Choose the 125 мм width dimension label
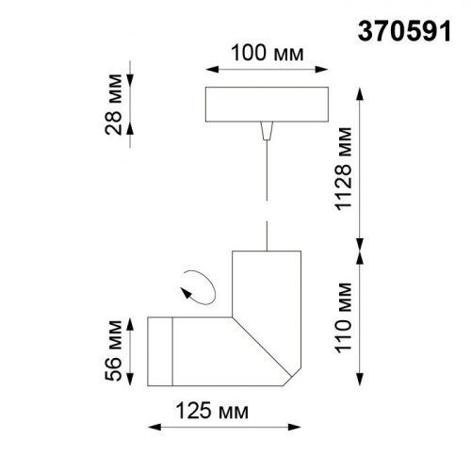pos(206,412)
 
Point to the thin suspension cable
pos(267,188)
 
